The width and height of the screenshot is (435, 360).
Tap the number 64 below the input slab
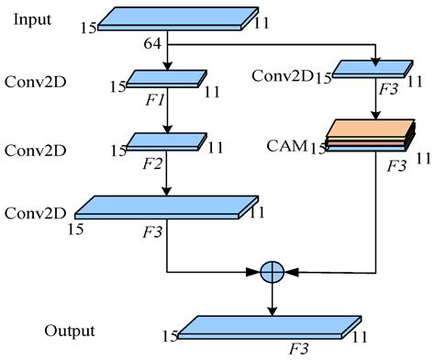pyautogui.click(x=154, y=44)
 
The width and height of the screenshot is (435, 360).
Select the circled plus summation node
pyautogui.click(x=273, y=273)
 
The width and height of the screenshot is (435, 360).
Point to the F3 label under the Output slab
pyautogui.click(x=297, y=350)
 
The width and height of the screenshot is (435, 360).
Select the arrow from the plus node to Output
pyautogui.click(x=273, y=298)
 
